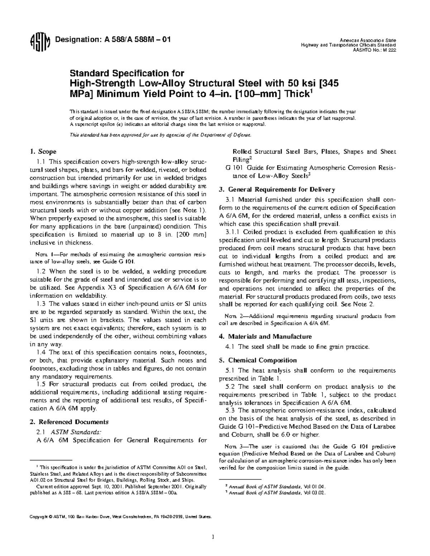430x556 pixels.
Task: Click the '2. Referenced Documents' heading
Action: tap(68, 422)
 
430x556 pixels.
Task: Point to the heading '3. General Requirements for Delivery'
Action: tap(277, 189)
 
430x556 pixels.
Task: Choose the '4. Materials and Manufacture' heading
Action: tap(265, 337)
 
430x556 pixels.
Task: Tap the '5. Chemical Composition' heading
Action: tap(258, 361)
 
